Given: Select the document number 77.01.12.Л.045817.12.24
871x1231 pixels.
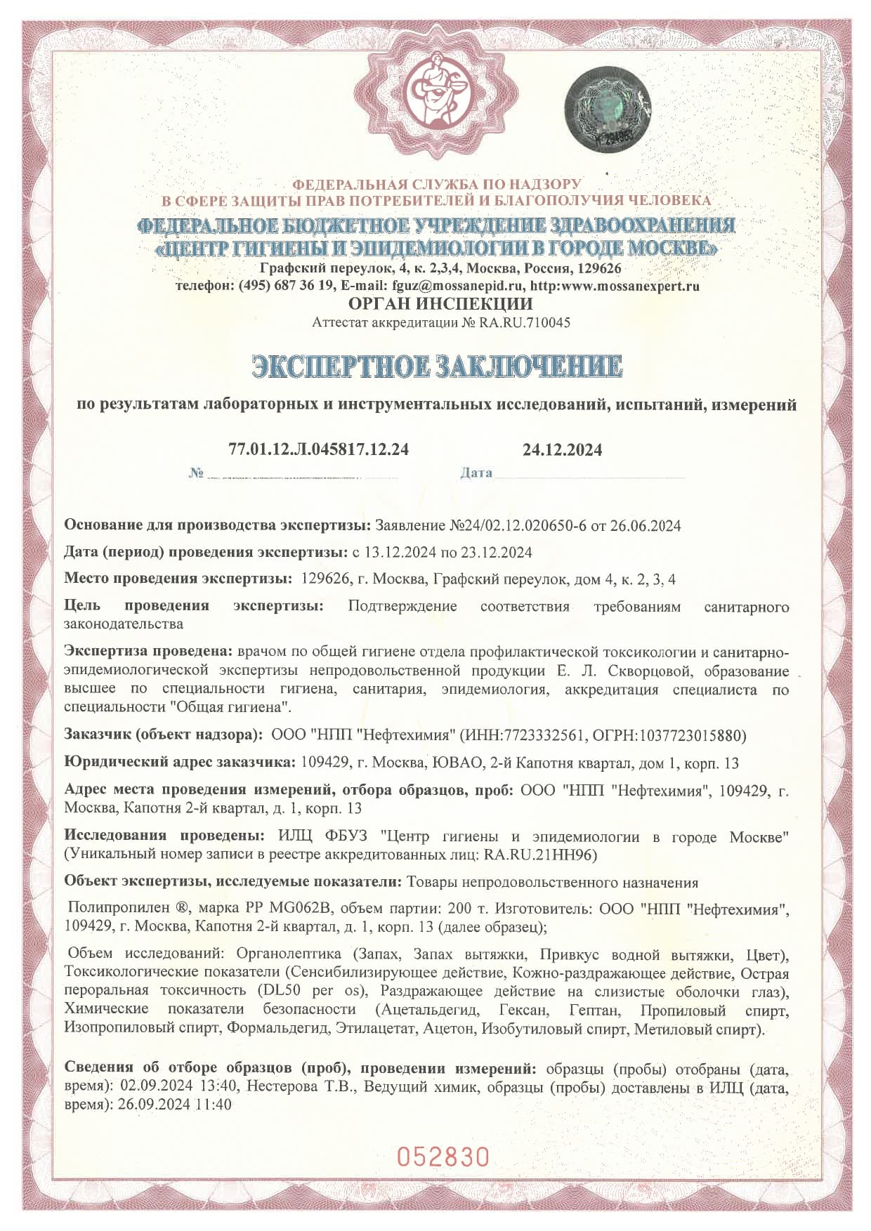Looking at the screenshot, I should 318,449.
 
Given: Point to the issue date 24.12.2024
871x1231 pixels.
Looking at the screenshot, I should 562,450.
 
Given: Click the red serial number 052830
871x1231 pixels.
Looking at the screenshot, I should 443,1156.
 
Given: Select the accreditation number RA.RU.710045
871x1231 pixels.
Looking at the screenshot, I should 525,322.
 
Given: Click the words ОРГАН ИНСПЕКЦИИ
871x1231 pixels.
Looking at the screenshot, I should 440,304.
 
